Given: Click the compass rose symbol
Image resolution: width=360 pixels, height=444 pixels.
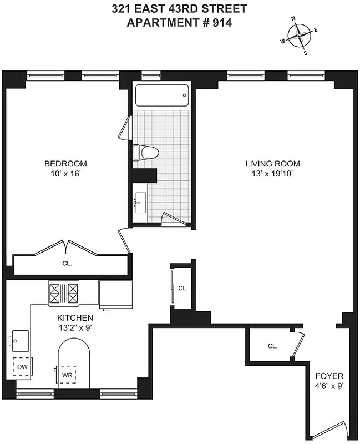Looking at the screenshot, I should click(x=300, y=36).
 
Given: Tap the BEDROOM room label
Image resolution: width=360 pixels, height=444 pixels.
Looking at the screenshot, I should click(x=65, y=164).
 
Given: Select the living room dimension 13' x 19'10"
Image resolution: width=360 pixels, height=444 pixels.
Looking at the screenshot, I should click(x=273, y=174).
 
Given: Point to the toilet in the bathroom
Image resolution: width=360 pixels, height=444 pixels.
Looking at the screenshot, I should click(x=145, y=152).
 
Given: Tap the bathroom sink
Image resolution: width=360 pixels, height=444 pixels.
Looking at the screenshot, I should click(x=139, y=203).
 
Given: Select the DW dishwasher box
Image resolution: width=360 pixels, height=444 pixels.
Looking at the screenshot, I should click(x=22, y=367).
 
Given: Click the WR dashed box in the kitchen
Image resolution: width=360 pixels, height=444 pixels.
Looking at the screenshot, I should click(x=68, y=374).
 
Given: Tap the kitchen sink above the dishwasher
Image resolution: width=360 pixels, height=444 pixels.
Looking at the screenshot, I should click(x=21, y=339).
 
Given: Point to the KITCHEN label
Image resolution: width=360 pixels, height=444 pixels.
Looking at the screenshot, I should click(x=75, y=318).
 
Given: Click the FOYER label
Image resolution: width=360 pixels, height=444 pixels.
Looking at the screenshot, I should click(x=329, y=376).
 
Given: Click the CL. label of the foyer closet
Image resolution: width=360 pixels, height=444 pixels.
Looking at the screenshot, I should click(x=272, y=346).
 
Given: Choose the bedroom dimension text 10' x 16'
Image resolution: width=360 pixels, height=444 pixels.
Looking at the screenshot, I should click(x=65, y=174).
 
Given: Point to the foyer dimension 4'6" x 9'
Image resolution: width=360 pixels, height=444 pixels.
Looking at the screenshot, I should click(x=329, y=386).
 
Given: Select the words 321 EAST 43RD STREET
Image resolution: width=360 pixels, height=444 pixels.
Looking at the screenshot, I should click(x=179, y=9).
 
